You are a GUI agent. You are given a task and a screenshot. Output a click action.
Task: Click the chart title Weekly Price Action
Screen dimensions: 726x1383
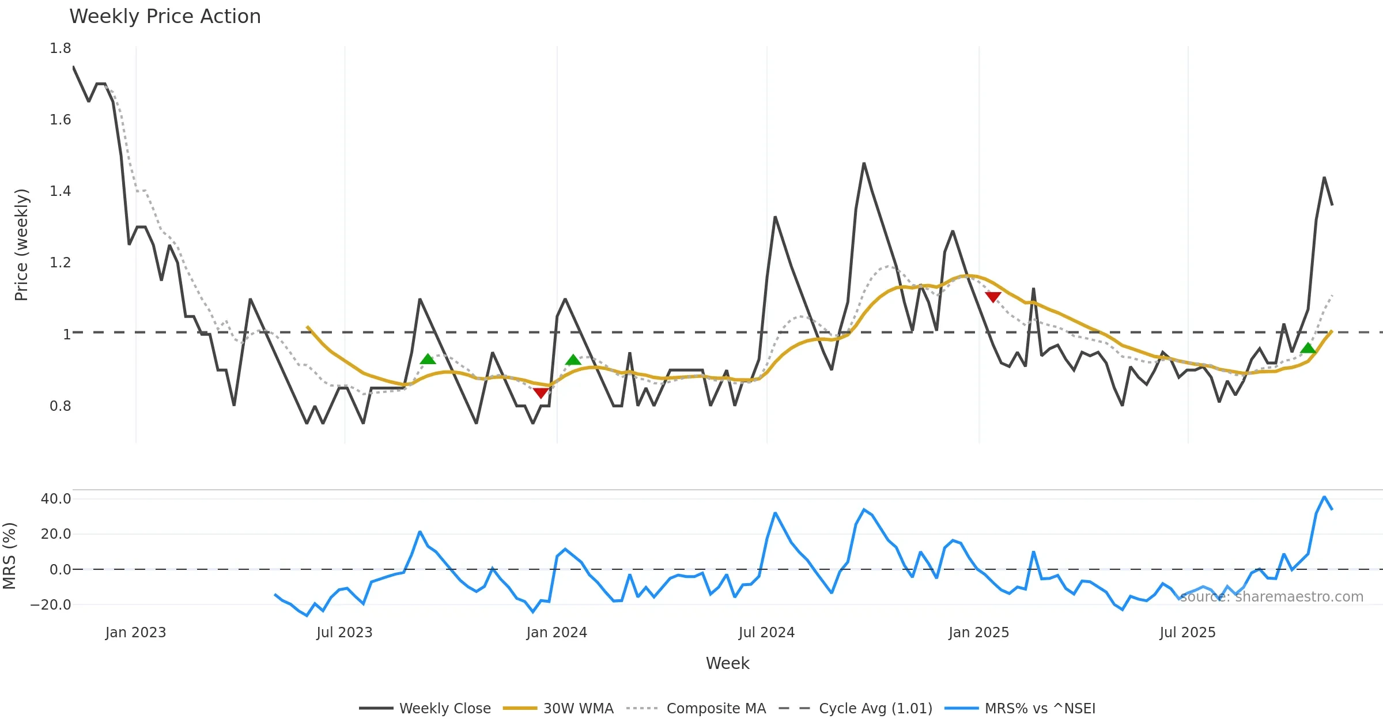pos(165,17)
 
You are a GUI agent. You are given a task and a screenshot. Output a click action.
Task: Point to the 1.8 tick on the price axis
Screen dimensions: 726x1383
pos(61,48)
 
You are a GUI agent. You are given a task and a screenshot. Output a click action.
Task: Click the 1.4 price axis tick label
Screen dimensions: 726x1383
pos(61,191)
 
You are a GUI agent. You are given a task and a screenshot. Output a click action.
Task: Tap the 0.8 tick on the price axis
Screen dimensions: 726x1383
pos(61,406)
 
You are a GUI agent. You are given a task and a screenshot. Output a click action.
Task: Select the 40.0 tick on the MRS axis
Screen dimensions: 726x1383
pos(56,499)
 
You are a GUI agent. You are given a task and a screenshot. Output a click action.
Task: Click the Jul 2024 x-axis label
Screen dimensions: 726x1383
pos(766,633)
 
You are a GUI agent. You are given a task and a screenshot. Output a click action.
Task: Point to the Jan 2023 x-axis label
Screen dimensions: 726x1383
pos(135,633)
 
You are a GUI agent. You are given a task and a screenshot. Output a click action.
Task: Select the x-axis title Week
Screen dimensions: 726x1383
pos(727,664)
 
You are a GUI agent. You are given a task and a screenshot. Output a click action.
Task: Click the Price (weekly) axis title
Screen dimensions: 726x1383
pos(21,245)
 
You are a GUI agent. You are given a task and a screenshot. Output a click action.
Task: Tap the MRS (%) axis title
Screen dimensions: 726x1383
pos(9,556)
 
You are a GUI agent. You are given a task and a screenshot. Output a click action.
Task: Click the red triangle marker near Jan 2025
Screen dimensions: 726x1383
pos(993,297)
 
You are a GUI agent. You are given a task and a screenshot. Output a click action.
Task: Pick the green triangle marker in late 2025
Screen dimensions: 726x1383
pos(1308,348)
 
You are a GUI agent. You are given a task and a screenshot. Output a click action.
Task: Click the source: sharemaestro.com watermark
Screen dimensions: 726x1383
pos(1271,597)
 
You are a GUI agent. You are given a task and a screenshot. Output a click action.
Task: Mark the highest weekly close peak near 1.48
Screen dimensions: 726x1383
pos(864,164)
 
